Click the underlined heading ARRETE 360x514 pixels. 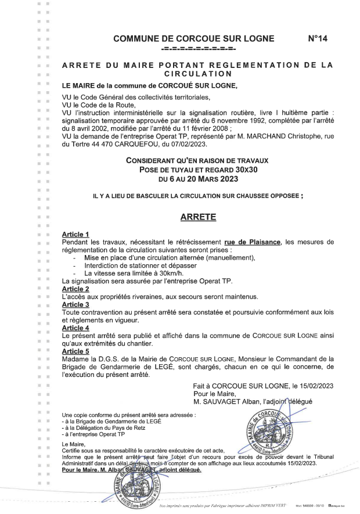[x=198, y=218]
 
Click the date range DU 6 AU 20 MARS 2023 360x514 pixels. [x=198, y=178]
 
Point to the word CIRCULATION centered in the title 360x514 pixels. [x=197, y=74]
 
